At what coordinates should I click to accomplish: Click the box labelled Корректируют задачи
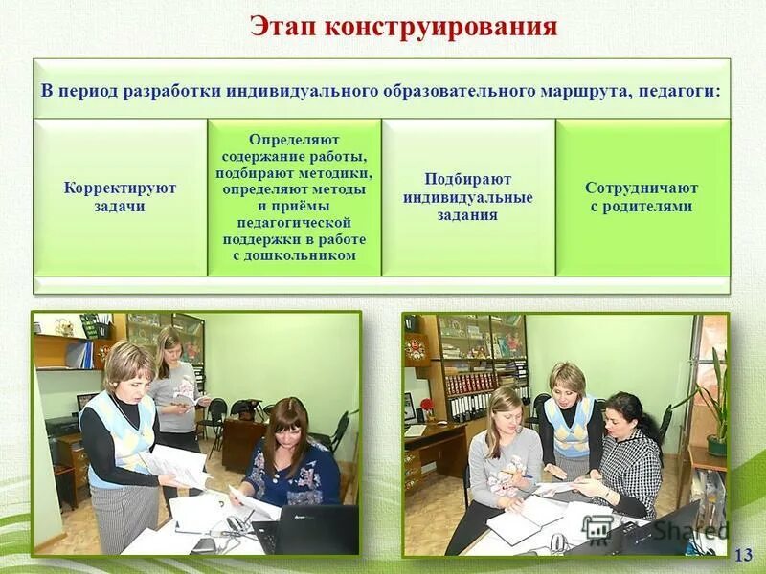(121, 197)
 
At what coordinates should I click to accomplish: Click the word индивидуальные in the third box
(468, 197)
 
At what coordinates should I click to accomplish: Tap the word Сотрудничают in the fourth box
(642, 188)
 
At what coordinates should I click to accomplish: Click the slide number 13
(743, 554)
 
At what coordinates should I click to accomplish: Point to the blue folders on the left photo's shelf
(85, 355)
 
